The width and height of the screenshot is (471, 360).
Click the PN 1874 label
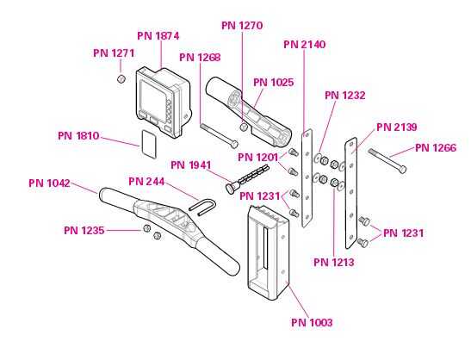[158, 36]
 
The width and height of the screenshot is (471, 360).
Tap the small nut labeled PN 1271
[121, 78]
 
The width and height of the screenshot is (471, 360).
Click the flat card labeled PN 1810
[149, 144]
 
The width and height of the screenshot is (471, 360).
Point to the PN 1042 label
[49, 183]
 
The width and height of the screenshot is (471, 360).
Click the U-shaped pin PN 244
[202, 208]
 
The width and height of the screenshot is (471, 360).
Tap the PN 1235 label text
[84, 231]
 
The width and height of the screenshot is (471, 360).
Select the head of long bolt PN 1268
[234, 144]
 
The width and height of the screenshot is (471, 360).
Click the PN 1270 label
[242, 26]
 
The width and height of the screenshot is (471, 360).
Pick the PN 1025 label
[273, 83]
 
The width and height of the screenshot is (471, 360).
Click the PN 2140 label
[305, 45]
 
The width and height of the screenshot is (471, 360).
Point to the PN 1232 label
[345, 96]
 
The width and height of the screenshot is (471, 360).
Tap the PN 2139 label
[397, 127]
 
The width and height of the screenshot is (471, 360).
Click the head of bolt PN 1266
[402, 169]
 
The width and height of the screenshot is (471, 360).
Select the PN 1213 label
[334, 263]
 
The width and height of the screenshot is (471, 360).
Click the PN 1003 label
[312, 323]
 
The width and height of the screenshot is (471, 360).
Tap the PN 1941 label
[191, 165]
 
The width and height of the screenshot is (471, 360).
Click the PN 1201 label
[258, 157]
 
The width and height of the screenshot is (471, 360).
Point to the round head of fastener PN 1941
[231, 188]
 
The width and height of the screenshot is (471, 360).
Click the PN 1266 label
[436, 148]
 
